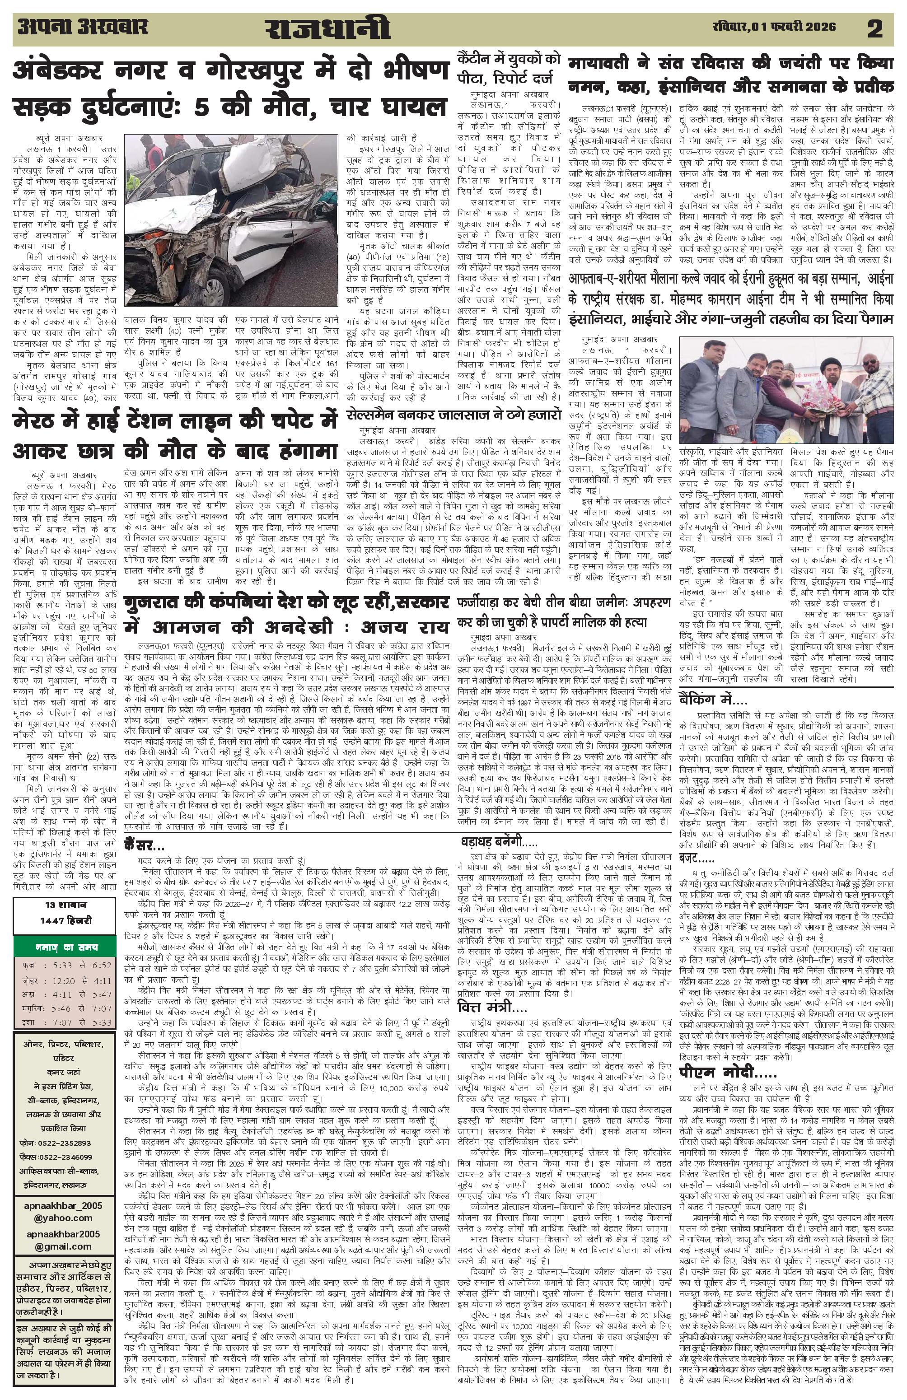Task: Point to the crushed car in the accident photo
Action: click(235, 218)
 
